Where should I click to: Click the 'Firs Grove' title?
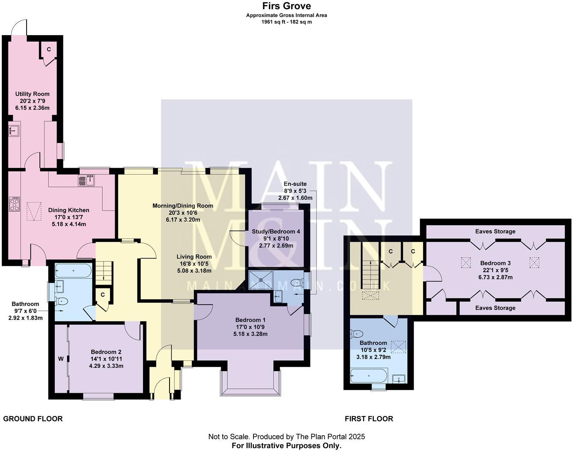click(286, 6)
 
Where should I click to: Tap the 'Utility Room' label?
click(32, 94)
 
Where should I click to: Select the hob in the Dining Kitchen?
click(15, 203)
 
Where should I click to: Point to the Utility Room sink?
click(14, 130)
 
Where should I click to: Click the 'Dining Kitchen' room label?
click(69, 210)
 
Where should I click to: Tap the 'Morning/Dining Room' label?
click(183, 206)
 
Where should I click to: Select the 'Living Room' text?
click(194, 257)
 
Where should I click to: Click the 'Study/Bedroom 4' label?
click(276, 232)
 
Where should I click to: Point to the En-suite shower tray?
click(259, 279)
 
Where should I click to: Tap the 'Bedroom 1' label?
click(250, 320)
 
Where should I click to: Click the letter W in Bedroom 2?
click(60, 359)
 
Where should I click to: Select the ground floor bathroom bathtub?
click(73, 271)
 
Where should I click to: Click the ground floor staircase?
click(103, 271)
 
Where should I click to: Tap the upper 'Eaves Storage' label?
click(495, 232)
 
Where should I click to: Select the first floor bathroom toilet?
click(357, 333)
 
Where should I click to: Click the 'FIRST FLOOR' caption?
click(369, 419)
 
